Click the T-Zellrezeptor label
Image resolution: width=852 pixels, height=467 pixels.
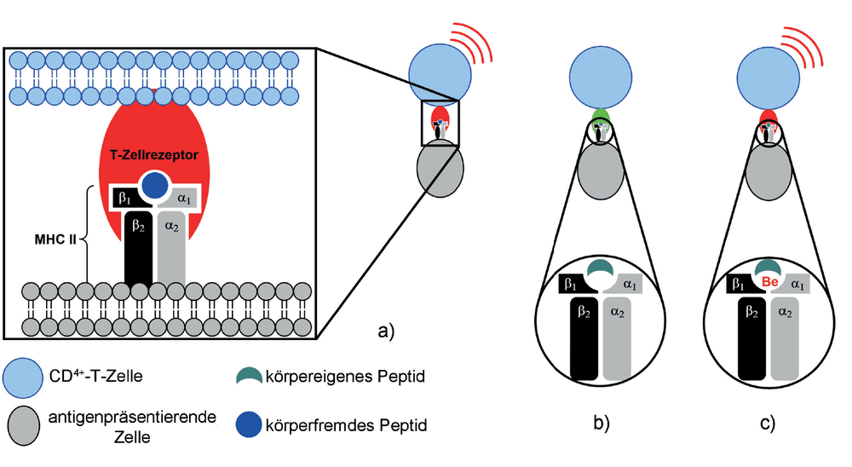[153, 155]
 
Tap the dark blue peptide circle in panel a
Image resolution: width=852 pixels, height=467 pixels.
[155, 186]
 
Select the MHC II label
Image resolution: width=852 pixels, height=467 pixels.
[55, 239]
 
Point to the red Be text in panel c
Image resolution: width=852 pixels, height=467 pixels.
[770, 282]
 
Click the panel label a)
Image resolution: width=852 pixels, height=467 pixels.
[386, 332]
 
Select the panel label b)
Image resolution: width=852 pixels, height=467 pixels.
[601, 424]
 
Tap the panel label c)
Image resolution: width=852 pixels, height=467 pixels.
[768, 424]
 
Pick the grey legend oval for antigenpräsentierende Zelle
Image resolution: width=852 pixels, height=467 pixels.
[23, 426]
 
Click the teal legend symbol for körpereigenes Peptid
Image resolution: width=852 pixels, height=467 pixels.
[249, 376]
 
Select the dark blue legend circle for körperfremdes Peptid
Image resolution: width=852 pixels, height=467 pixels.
[249, 424]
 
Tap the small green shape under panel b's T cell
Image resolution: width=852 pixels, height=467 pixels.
[601, 116]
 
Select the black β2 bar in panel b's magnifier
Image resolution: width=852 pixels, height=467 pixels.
[584, 338]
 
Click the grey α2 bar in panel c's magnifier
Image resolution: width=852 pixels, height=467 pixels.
[786, 338]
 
